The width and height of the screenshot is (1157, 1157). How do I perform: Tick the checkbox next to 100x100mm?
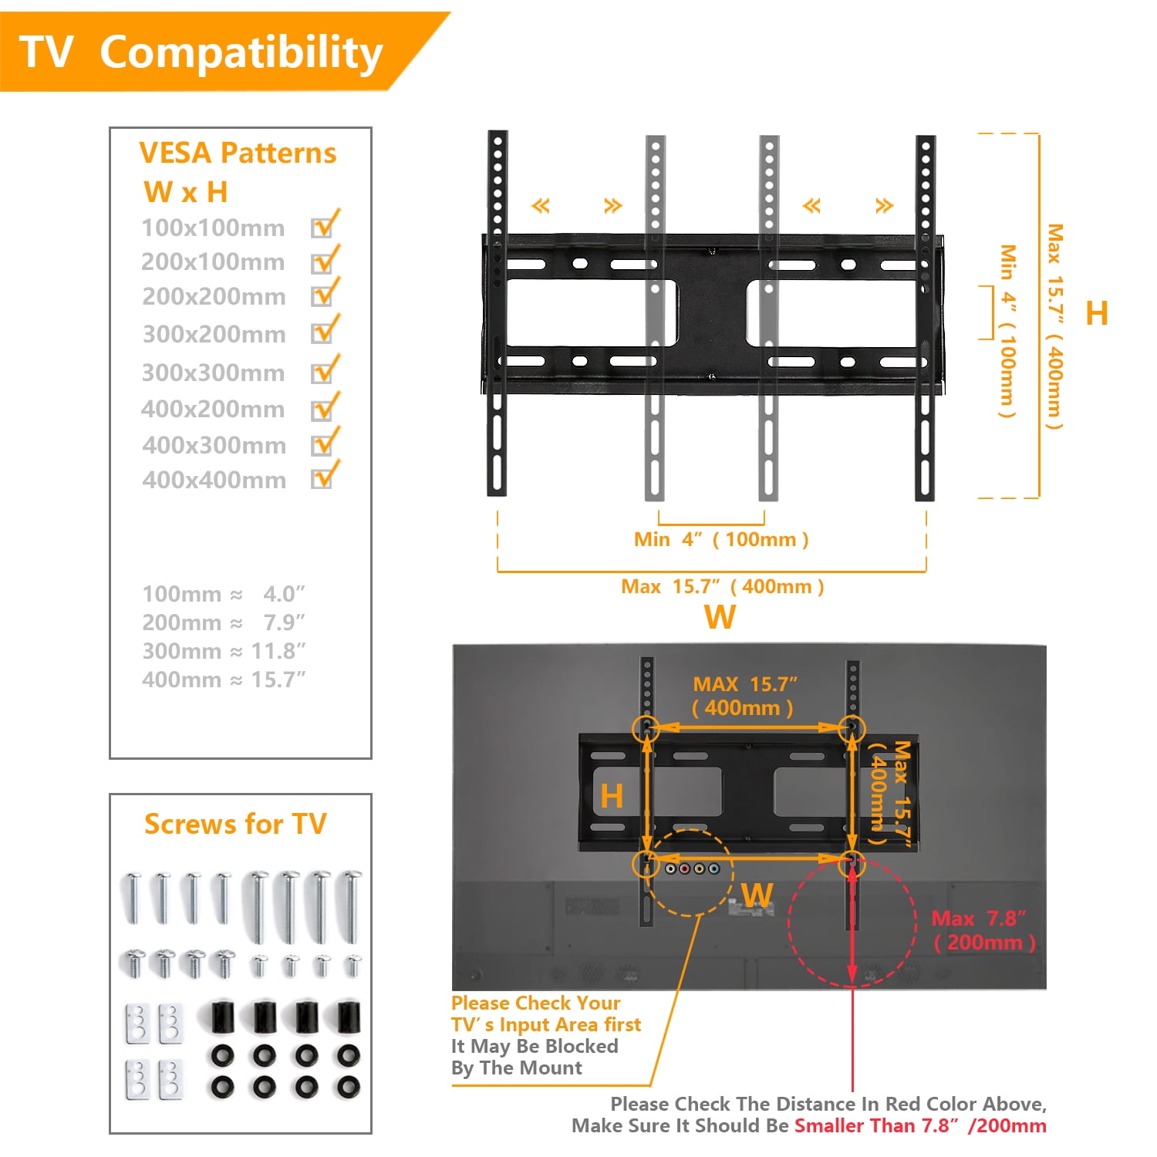(322, 228)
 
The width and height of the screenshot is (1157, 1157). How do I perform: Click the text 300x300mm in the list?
(214, 373)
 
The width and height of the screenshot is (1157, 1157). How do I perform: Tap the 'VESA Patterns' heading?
(238, 153)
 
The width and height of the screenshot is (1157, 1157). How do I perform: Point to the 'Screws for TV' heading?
(235, 824)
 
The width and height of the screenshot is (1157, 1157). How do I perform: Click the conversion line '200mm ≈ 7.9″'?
(224, 622)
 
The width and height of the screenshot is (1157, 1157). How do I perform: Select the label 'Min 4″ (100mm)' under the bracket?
(721, 539)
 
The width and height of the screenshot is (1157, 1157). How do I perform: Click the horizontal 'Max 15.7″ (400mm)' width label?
(723, 586)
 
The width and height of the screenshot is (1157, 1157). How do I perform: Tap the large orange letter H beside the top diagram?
(1096, 314)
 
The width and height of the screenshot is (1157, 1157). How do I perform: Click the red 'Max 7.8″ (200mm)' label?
(983, 930)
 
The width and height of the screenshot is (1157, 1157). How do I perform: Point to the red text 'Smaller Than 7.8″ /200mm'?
(920, 1125)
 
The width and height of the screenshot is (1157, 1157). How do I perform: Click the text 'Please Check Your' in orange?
(536, 1003)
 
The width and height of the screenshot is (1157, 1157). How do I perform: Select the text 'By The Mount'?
(517, 1068)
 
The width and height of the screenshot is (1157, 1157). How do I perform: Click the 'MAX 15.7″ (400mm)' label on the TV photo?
(744, 696)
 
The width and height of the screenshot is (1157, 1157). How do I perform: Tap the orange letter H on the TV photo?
(612, 796)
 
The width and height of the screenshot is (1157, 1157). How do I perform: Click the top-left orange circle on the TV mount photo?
(646, 728)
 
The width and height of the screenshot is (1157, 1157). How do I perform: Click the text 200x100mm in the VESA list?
(213, 262)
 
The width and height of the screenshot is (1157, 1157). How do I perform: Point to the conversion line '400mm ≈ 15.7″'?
(224, 680)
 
